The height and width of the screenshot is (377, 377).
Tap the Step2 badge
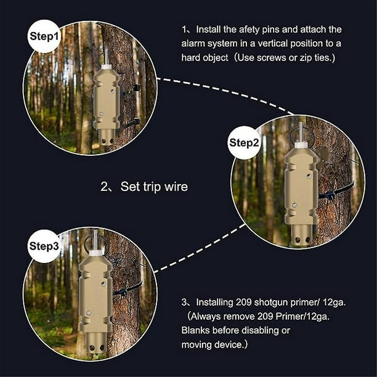[245, 143]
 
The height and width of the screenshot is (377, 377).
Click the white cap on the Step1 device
[106, 65]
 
